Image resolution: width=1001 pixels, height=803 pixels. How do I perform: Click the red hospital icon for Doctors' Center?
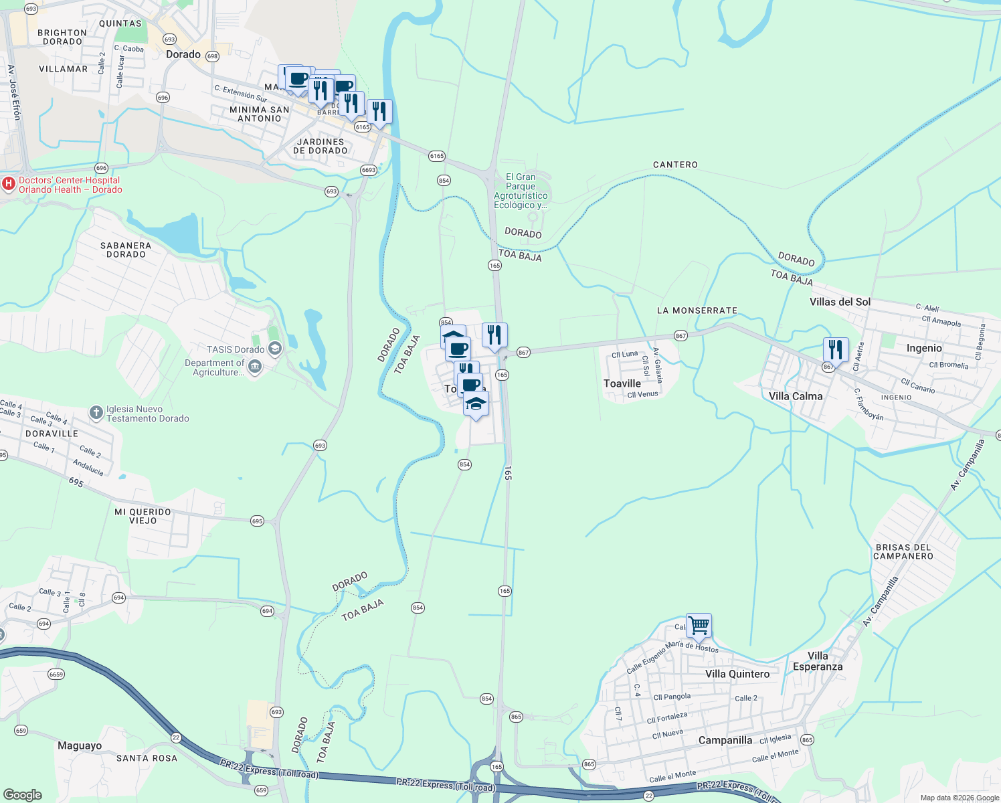9,184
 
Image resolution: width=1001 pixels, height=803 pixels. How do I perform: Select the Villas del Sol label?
840,302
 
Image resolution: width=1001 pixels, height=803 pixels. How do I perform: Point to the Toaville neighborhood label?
622,383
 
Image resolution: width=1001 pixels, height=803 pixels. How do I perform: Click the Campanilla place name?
725,740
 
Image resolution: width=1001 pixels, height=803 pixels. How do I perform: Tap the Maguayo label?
80,745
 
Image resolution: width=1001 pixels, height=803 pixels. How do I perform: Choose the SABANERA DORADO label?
126,250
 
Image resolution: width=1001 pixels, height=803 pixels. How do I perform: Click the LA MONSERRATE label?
697,310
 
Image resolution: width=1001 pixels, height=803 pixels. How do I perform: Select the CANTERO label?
675,165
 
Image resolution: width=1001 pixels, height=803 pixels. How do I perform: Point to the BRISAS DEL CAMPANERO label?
903,551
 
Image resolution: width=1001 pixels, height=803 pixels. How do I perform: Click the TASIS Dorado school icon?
274,349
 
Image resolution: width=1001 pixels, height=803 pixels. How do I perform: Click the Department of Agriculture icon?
254,366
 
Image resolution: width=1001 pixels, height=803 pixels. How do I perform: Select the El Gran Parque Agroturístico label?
521,191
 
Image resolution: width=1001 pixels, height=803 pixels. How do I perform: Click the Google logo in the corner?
23,795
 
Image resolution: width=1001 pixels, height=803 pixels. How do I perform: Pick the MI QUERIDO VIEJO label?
143,516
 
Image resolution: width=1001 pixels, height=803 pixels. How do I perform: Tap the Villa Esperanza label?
818,661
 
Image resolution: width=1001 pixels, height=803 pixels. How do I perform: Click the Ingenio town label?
924,348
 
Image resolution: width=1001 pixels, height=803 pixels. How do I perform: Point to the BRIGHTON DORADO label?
62,37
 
